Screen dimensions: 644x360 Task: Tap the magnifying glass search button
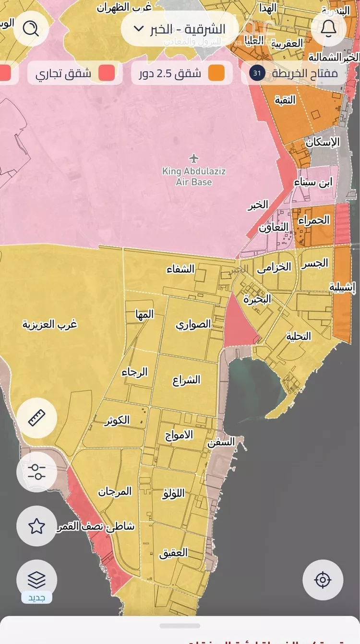click(x=31, y=29)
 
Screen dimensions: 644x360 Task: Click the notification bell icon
click(x=328, y=29)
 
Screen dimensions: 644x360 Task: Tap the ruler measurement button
click(x=37, y=418)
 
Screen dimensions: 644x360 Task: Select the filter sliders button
click(x=37, y=472)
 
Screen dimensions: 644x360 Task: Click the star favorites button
click(x=37, y=526)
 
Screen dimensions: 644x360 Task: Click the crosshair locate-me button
click(x=323, y=580)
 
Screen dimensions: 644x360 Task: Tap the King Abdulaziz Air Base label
click(x=194, y=176)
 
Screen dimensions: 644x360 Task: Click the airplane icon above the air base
click(x=194, y=158)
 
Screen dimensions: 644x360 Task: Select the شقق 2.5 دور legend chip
click(x=182, y=73)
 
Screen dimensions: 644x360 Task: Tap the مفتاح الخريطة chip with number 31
click(x=294, y=73)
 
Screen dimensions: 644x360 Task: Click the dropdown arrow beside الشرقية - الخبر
click(x=138, y=29)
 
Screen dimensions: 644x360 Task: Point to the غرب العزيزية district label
click(x=50, y=324)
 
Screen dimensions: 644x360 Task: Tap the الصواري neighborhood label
click(x=193, y=324)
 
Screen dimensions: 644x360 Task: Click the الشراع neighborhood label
click(x=186, y=380)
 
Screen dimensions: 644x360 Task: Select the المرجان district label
click(x=115, y=492)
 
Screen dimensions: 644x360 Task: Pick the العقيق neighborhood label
click(x=173, y=553)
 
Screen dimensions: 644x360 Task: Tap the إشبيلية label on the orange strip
click(x=343, y=287)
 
